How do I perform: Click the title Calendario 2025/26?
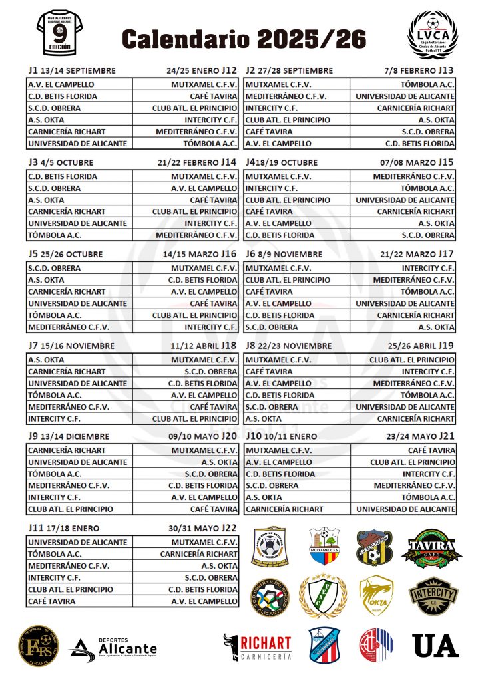click(x=244, y=39)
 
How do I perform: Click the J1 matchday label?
click(x=33, y=70)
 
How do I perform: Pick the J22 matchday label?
click(x=229, y=528)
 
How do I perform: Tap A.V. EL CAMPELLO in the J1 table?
click(x=61, y=84)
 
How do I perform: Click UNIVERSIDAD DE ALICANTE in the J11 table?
click(x=77, y=542)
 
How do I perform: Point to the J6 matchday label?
click(x=252, y=254)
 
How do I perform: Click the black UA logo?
click(x=435, y=646)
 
